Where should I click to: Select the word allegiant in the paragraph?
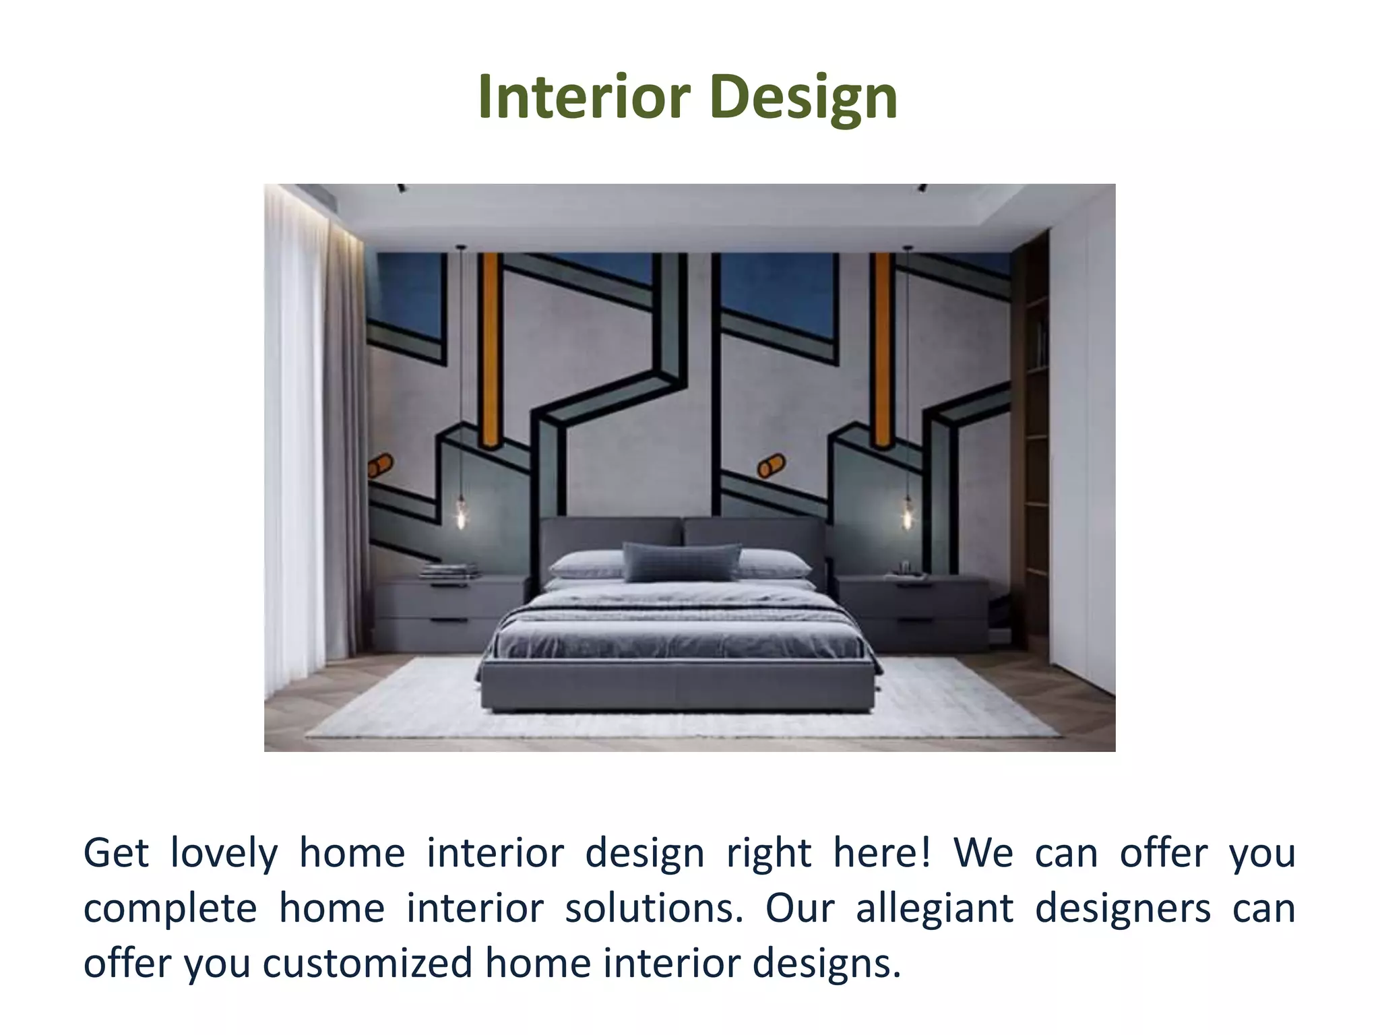pyautogui.click(x=935, y=908)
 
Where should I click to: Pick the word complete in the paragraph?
pyautogui.click(x=170, y=910)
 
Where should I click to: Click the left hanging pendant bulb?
pyautogui.click(x=462, y=513)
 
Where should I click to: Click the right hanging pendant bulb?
pyautogui.click(x=908, y=515)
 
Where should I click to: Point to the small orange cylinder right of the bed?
pyautogui.click(x=771, y=465)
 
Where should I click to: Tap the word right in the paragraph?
pyautogui.click(x=768, y=854)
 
